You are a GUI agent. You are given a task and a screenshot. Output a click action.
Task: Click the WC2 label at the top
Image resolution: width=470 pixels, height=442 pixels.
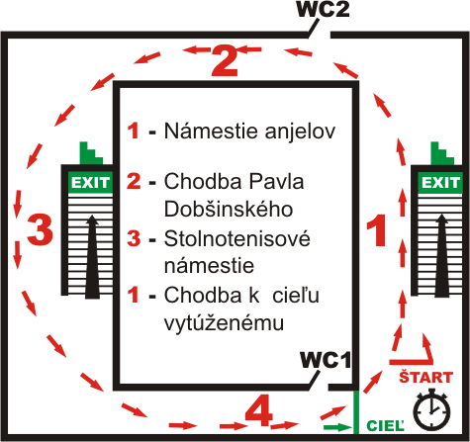(323, 9)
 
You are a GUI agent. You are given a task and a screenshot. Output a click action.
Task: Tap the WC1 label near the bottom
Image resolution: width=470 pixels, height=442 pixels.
(326, 360)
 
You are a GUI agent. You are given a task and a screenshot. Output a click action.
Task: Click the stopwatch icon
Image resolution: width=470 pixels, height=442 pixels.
(431, 408)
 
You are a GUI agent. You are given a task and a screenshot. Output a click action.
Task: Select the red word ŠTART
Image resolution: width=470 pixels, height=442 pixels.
(425, 377)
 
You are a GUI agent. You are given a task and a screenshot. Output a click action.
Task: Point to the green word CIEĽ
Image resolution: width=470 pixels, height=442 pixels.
(385, 425)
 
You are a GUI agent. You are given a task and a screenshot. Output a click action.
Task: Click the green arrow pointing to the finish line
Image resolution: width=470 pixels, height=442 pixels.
(337, 427)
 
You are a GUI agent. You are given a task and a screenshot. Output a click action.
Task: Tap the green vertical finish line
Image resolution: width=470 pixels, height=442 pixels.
(356, 412)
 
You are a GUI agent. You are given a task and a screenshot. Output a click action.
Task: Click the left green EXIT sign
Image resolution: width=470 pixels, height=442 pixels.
(90, 182)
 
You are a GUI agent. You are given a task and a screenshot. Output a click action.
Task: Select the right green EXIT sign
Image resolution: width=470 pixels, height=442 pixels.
(440, 182)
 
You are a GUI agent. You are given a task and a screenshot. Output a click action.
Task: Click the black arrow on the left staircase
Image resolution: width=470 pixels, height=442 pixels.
(92, 257)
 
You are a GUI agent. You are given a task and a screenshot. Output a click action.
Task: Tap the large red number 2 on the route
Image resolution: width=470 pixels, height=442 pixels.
(225, 61)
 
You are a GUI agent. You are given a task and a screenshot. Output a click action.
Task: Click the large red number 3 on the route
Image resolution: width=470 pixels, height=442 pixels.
(40, 229)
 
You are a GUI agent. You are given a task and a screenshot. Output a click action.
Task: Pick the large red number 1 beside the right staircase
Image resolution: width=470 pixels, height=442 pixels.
(377, 229)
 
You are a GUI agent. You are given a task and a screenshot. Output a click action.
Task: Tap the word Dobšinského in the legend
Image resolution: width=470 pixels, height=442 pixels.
(229, 209)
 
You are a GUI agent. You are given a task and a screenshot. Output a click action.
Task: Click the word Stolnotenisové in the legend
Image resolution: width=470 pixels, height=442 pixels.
(237, 238)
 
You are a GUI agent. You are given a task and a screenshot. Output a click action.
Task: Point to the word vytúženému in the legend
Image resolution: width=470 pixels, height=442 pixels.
(224, 323)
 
